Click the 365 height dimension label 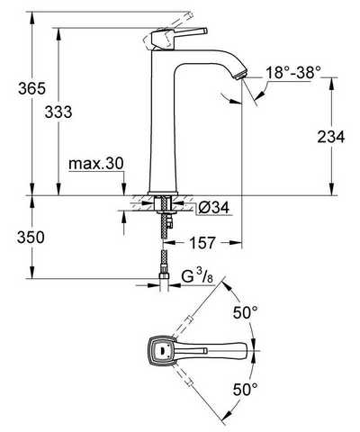pos(32,88)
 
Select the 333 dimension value pos(58,112)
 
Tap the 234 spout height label pos(331,137)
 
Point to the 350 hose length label pos(31,238)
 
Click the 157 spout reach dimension pos(202,242)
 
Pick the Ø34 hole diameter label pos(213,207)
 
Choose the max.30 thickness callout pos(96,164)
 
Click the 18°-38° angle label pos(290,72)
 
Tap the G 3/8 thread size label pos(197,278)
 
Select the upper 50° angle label pos(246,313)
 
